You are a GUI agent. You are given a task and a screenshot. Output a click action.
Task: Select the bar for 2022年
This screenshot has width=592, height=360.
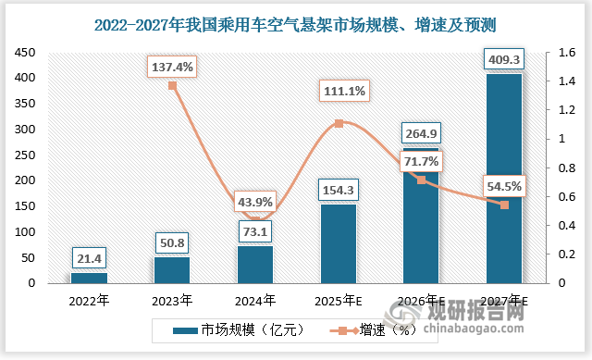tap(90, 277)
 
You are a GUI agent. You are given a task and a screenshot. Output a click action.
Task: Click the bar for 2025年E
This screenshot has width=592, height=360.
tap(339, 243)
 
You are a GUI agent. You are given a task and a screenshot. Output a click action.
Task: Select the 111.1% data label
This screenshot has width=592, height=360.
tap(339, 91)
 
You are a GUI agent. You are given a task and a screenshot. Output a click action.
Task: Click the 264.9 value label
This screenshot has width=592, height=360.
tap(421, 130)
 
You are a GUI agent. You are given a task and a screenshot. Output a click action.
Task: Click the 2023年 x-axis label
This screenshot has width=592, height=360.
tap(173, 300)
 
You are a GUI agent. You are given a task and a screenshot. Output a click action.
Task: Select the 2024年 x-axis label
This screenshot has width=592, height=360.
tap(255, 300)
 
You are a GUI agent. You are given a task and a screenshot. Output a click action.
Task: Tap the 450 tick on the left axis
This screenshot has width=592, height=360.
tap(25, 54)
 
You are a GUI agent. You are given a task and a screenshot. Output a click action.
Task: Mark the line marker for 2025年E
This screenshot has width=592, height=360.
tap(339, 123)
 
